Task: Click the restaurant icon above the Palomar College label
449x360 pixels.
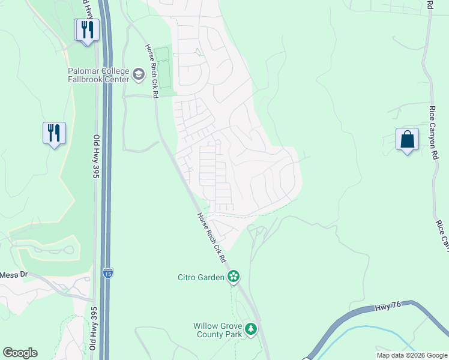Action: [87, 30]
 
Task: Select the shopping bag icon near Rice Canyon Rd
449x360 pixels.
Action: [407, 140]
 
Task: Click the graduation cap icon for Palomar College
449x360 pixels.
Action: [139, 74]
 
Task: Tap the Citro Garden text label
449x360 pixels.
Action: [201, 277]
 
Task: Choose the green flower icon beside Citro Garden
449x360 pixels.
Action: [233, 277]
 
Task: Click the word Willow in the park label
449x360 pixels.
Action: [206, 326]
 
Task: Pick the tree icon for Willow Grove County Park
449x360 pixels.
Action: [250, 329]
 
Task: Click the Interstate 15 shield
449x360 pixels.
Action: [107, 272]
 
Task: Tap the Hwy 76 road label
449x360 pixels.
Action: [387, 306]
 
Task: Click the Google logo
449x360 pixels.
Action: [20, 353]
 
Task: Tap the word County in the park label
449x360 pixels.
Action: [212, 334]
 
